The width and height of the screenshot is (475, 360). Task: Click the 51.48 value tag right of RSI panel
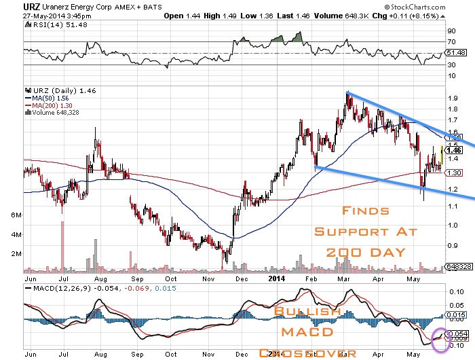coord(455,52)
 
